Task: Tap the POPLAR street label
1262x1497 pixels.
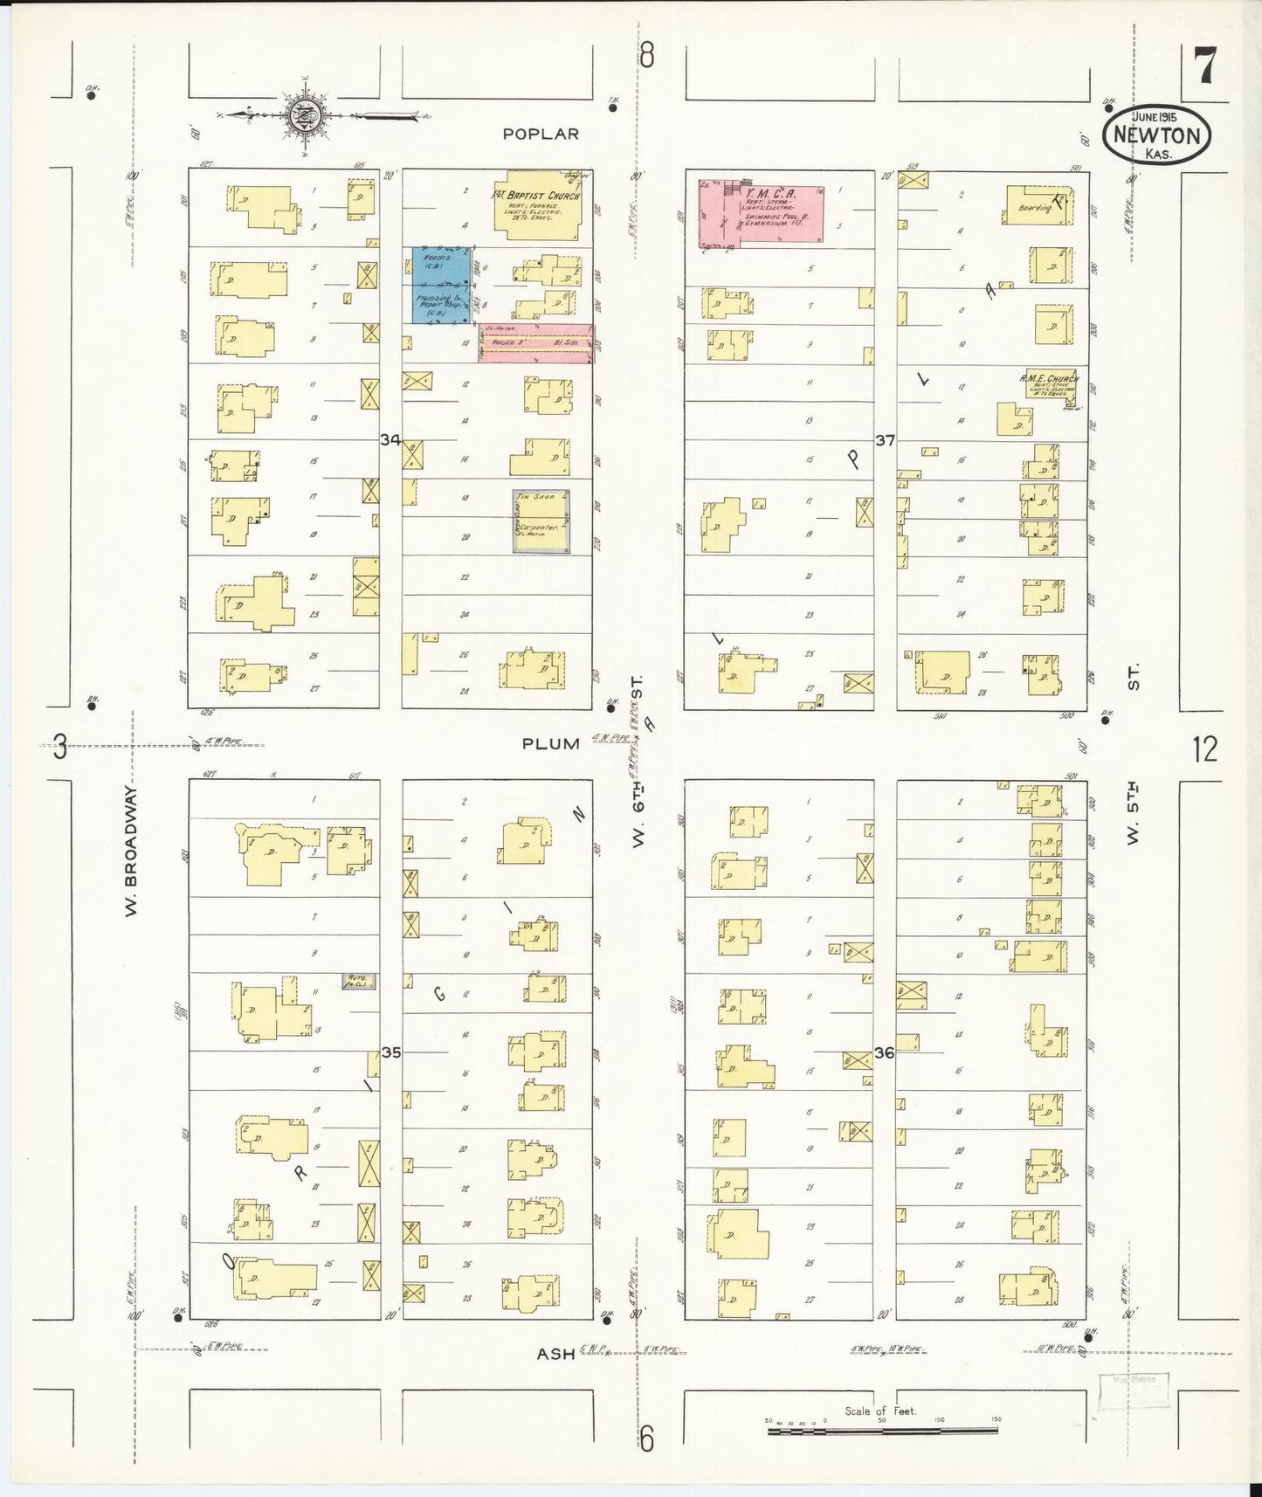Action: pos(541,134)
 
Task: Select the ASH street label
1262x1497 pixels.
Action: pos(555,1354)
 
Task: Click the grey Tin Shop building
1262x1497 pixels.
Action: pos(541,521)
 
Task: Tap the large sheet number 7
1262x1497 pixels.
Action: pos(1205,67)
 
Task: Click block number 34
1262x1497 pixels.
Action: pos(390,440)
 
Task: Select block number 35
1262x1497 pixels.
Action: pos(390,1052)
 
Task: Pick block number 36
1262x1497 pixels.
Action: pos(884,1053)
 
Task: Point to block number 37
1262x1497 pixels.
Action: pos(885,440)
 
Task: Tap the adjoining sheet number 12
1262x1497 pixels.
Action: pos(1204,749)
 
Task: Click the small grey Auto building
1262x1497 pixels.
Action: pos(358,982)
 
